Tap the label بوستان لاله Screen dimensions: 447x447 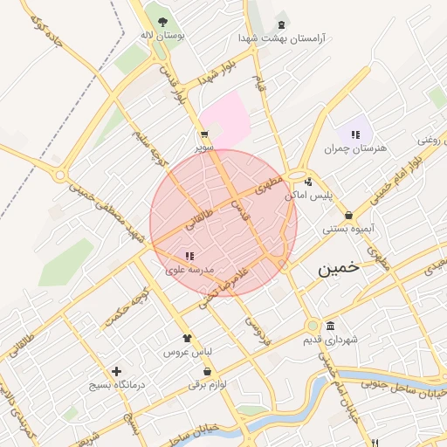pos(160,36)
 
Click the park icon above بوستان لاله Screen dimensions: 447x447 pos(161,21)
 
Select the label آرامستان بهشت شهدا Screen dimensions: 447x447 pos(281,38)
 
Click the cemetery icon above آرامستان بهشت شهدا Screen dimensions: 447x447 pos(280,24)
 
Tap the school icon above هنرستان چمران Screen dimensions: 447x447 pos(355,134)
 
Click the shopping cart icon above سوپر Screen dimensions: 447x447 pos(203,135)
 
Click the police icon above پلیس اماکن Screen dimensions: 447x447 pos(309,182)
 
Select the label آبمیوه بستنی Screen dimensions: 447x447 pos(348,230)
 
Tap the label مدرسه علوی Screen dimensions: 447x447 pos(189,271)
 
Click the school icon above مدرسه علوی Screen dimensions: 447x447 pos(189,256)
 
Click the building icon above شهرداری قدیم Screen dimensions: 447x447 pos(329,325)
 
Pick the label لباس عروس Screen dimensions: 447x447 pos(187,353)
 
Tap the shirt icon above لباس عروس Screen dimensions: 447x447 pos(186,338)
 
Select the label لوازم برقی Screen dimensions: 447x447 pos(207,385)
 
